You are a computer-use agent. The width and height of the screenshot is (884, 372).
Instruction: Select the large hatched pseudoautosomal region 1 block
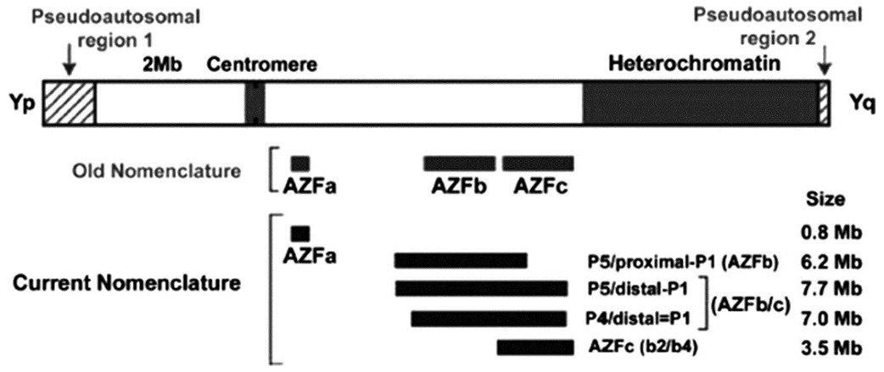70,103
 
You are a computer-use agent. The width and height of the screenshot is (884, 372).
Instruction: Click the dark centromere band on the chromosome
255,103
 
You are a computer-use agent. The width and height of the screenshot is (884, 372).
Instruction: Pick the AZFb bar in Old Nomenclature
460,164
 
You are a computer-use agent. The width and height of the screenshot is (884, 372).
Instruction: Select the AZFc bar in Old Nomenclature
539,164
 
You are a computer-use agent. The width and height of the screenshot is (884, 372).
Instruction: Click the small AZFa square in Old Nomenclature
300,164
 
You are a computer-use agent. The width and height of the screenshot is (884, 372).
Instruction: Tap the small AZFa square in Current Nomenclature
300,232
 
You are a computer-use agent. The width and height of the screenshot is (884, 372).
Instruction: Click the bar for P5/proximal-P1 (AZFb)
462,260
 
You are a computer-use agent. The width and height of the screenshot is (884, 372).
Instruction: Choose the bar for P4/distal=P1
489,319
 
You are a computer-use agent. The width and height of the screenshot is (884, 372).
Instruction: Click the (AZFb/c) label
751,304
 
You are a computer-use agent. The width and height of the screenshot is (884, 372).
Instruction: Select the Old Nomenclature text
154,171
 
